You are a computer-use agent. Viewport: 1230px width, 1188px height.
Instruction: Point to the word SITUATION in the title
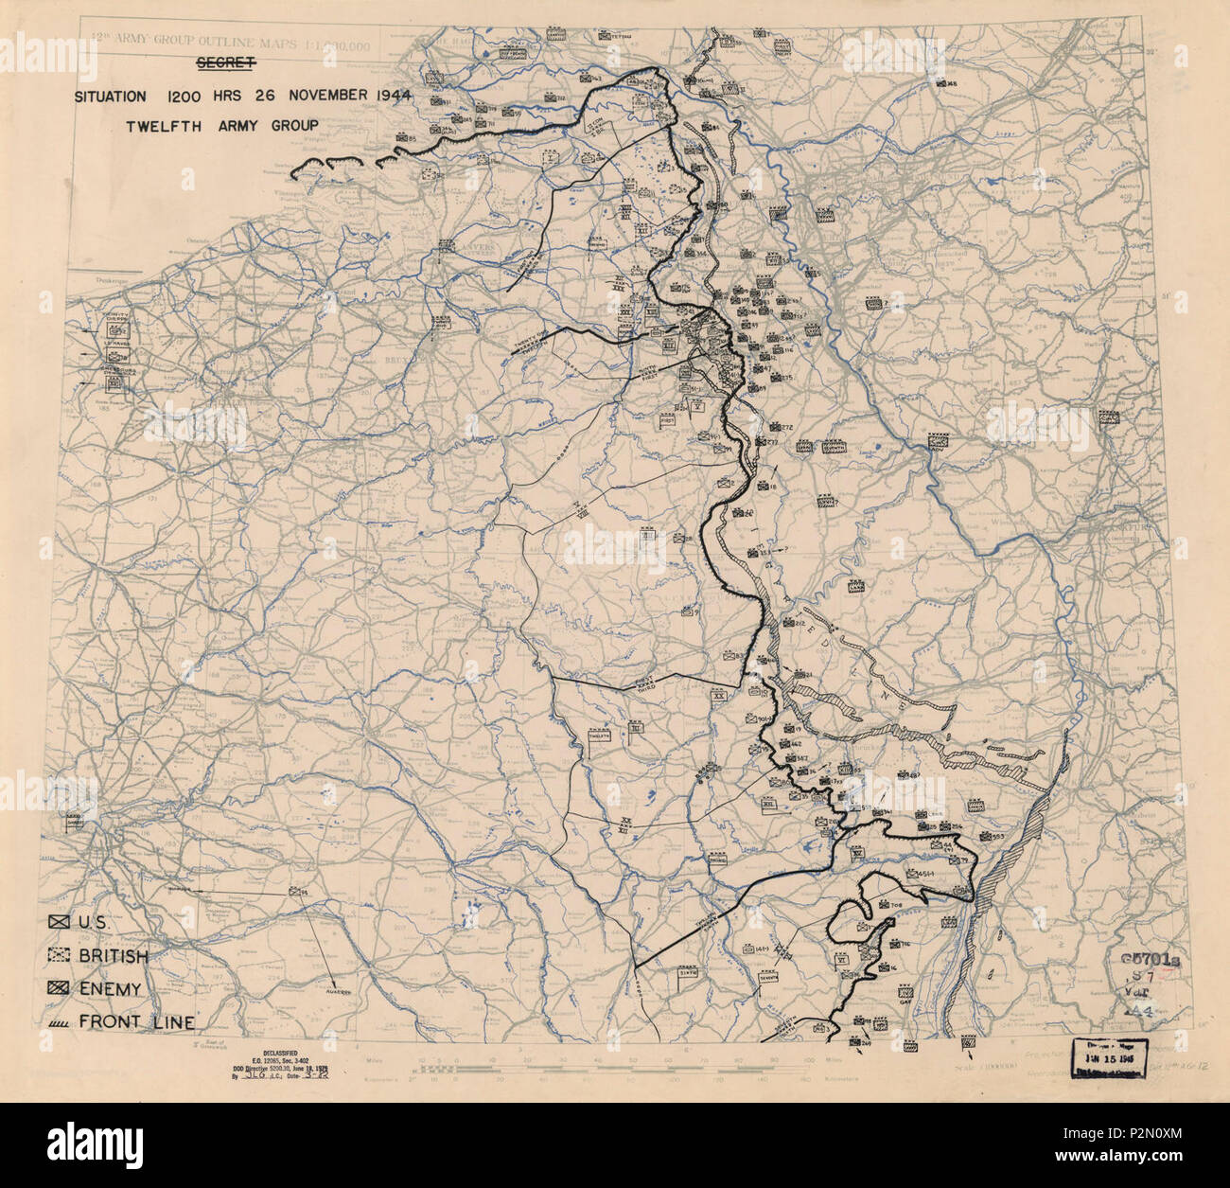pos(112,96)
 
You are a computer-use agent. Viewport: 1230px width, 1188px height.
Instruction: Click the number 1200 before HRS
pos(184,96)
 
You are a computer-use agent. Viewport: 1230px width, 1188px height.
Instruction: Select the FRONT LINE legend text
pos(138,1021)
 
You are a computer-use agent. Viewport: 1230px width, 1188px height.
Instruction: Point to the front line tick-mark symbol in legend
pos(60,1021)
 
